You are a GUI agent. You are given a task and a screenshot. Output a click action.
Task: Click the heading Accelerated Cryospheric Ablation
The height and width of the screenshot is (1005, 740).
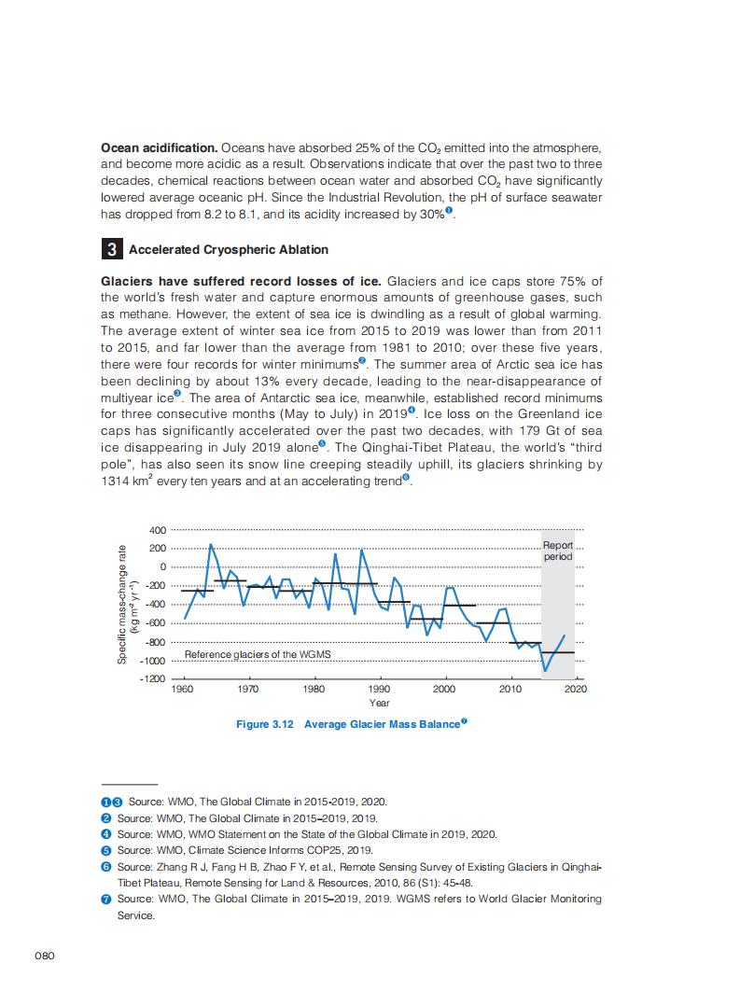[228, 250]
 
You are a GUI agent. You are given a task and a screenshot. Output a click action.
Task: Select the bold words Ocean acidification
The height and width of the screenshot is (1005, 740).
[159, 149]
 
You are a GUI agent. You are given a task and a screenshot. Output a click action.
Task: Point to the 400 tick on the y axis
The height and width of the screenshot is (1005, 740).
[159, 530]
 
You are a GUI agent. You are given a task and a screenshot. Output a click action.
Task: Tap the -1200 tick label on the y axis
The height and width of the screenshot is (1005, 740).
[153, 678]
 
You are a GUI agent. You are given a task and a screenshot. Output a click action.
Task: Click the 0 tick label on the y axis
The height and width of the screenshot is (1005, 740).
[162, 567]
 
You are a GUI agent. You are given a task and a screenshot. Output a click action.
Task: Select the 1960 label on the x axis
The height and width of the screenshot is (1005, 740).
[182, 689]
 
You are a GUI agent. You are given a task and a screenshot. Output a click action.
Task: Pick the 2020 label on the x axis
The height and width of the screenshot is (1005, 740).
[576, 689]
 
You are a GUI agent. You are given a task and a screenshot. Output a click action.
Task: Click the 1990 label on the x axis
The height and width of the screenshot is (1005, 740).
[379, 689]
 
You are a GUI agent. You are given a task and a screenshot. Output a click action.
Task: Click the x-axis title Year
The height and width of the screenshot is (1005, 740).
[379, 703]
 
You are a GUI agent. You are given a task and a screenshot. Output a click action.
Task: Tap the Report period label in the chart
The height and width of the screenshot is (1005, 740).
[558, 551]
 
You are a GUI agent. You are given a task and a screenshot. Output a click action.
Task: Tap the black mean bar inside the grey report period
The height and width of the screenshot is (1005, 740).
[558, 652]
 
